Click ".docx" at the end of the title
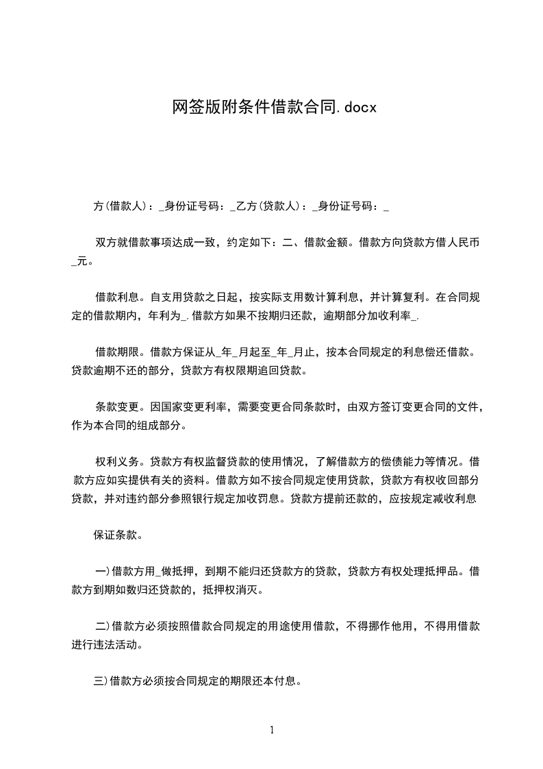(x=357, y=107)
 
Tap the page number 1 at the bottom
(x=272, y=730)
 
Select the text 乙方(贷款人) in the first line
(x=267, y=206)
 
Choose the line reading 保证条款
(x=117, y=535)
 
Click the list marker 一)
(x=102, y=571)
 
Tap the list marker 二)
(x=102, y=626)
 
